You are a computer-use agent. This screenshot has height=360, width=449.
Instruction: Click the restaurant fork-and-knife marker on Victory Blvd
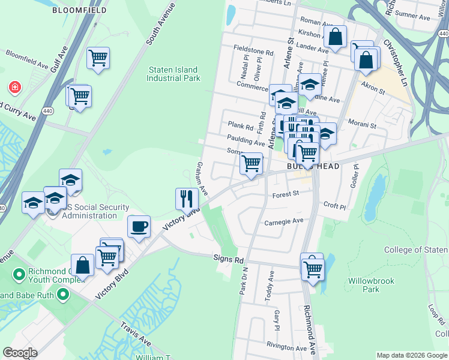187,199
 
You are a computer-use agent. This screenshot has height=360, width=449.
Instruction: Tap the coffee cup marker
139,227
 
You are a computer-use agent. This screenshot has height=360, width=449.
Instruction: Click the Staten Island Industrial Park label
173,74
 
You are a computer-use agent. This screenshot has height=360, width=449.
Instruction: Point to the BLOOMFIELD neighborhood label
80,11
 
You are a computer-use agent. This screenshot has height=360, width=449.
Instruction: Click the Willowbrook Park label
364,285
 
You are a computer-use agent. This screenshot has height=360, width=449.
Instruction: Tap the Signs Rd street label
228,260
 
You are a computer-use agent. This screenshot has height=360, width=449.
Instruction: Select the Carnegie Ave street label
284,221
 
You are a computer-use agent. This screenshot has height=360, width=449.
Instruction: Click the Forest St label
285,194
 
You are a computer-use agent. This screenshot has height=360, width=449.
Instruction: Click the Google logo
19,353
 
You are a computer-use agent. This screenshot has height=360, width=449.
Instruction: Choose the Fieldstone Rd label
253,53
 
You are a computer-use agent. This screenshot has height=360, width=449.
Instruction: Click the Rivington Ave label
287,346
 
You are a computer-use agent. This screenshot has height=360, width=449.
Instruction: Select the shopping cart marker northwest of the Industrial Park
98,58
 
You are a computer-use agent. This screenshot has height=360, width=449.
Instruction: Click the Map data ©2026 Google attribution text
411,355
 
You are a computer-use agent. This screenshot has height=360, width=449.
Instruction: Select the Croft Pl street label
334,206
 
